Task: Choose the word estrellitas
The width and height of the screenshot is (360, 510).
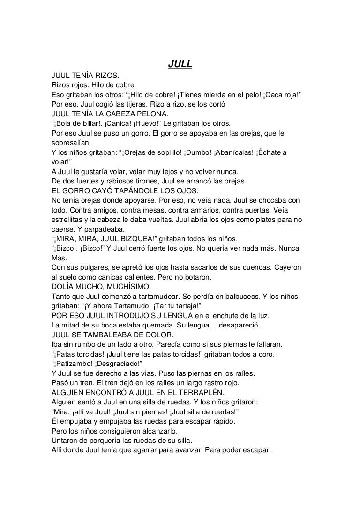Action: click(69, 221)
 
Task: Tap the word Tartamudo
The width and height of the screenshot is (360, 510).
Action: click(141, 307)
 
